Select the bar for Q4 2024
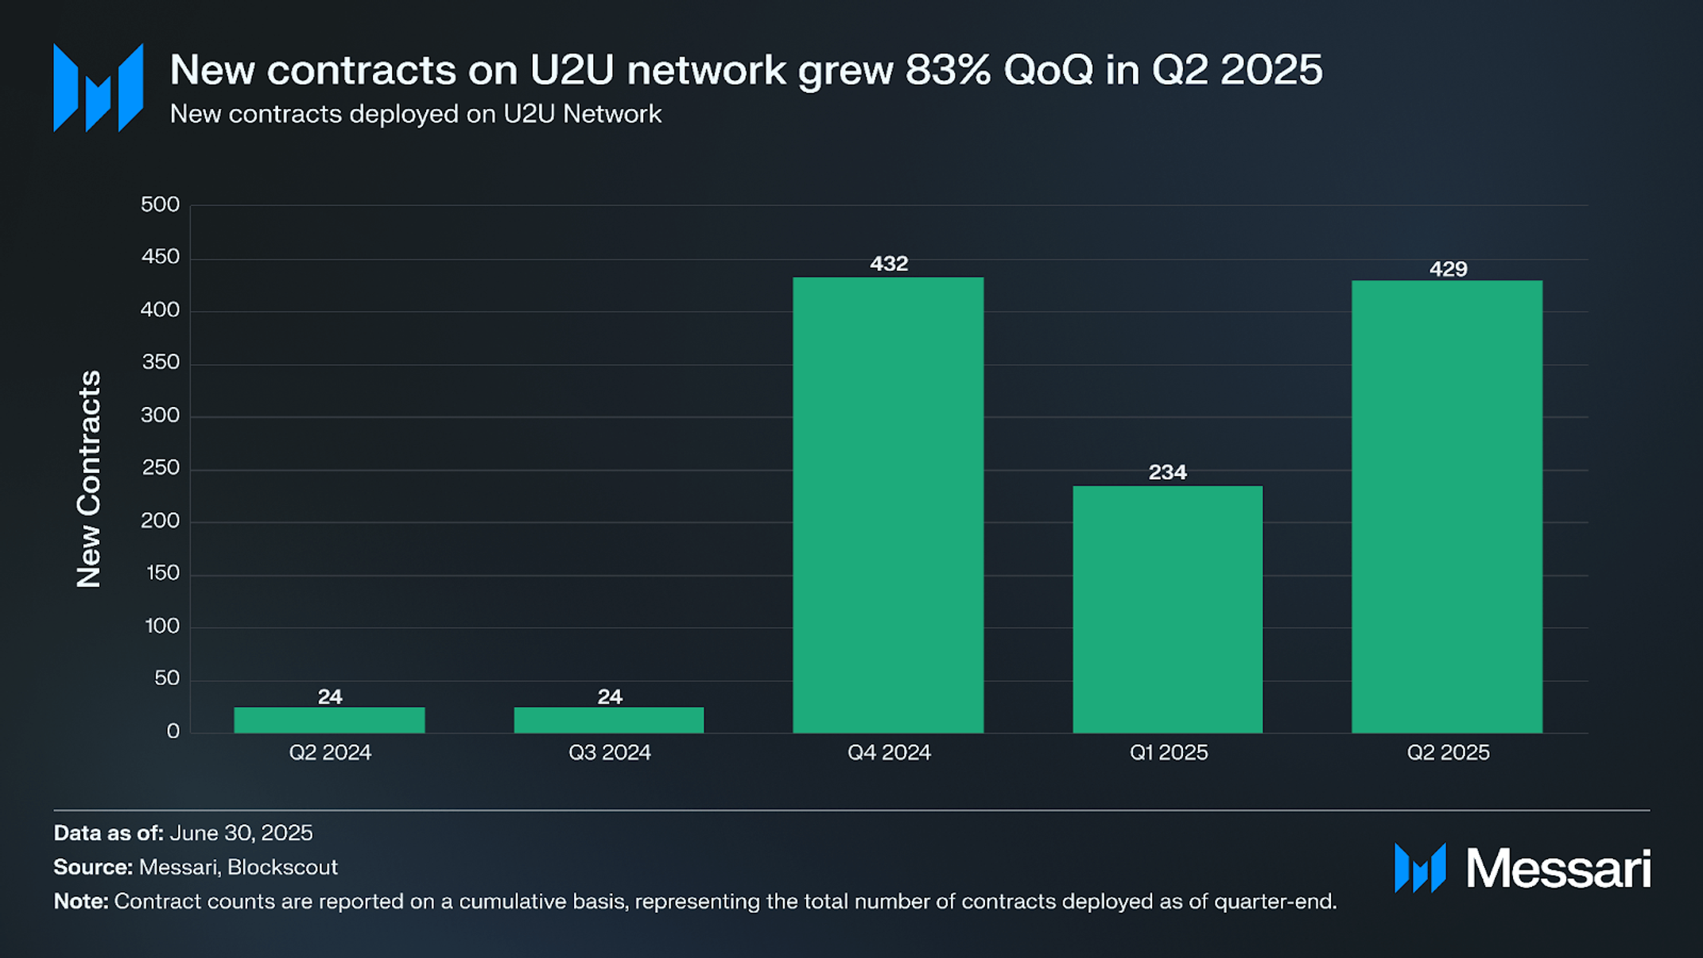point(888,505)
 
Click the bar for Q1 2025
point(1167,609)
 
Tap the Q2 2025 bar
point(1447,506)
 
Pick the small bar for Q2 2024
point(329,719)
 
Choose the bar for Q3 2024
point(609,719)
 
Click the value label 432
point(889,263)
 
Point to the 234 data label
point(1167,472)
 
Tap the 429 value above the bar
point(1448,269)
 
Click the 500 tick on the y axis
point(160,204)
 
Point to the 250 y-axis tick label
point(160,467)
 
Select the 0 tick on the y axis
point(173,731)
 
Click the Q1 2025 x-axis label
point(1168,752)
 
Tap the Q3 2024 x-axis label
point(609,752)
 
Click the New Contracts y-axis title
point(89,479)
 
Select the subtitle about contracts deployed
point(415,114)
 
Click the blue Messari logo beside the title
point(98,87)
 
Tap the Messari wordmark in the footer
point(1557,868)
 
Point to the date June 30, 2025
point(241,832)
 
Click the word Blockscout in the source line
point(282,867)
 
